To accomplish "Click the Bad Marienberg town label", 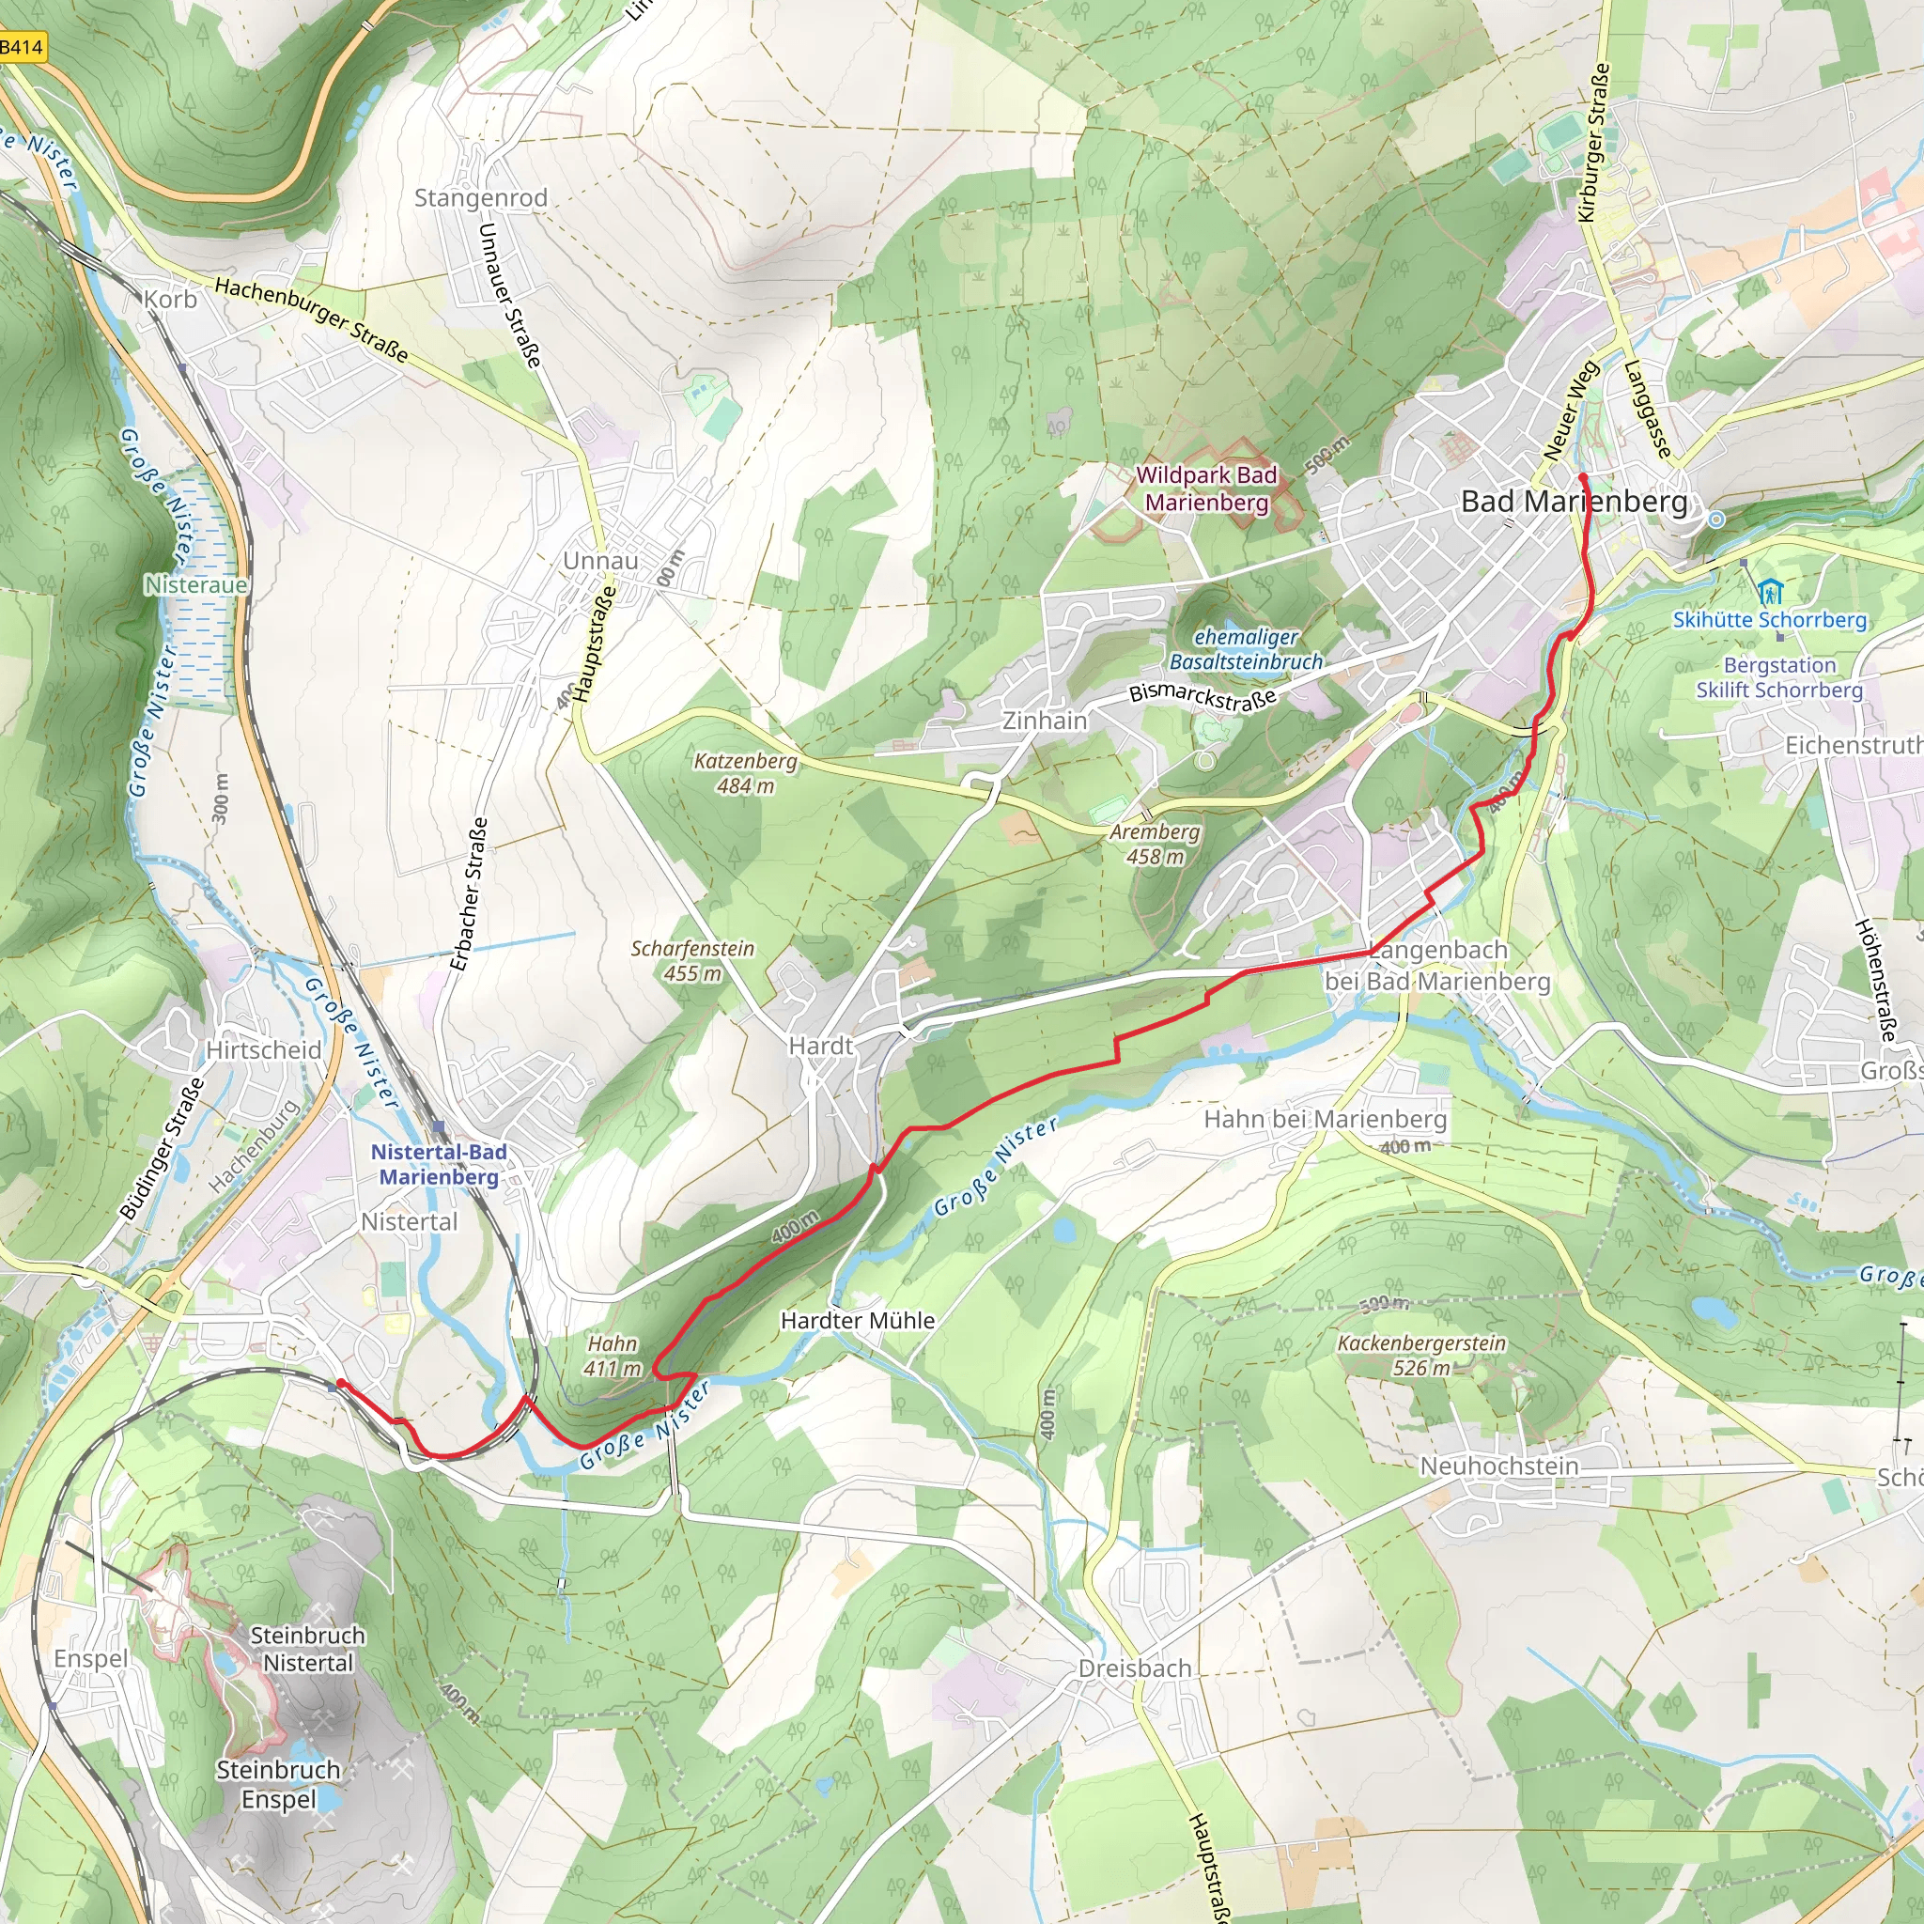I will click(1575, 502).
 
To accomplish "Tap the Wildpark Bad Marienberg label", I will click(1206, 489).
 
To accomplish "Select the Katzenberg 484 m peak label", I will click(746, 773).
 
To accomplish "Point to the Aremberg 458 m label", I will click(1156, 844).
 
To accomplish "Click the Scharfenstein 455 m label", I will click(692, 961).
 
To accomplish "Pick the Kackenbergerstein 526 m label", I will click(1421, 1356).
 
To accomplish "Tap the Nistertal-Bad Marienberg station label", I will click(438, 1164).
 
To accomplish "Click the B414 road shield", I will click(22, 47).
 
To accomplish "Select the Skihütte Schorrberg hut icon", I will click(1770, 594).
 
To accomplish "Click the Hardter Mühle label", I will click(858, 1321).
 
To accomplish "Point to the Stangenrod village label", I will click(481, 198).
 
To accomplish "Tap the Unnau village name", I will click(600, 561).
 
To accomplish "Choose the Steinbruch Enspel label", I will click(279, 1785).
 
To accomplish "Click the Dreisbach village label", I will click(1134, 1668).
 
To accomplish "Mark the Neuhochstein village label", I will click(1498, 1466).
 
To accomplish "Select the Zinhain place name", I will click(1045, 720).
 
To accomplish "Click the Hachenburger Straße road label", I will click(312, 319).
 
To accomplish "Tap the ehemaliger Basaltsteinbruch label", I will click(1246, 649).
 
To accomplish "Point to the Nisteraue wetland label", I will click(196, 584).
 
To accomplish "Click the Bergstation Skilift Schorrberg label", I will click(1778, 677).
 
